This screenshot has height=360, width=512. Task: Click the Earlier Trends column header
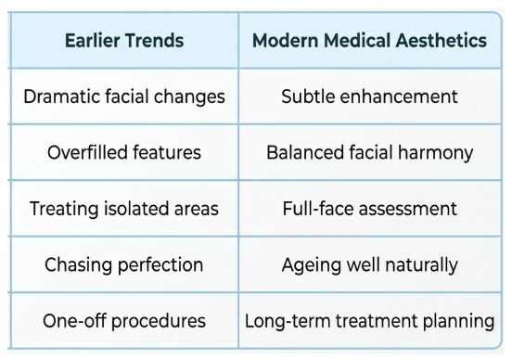[x=124, y=41]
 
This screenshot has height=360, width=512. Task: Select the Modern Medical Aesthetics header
[x=369, y=41]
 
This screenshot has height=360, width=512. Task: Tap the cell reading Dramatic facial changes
[x=124, y=96]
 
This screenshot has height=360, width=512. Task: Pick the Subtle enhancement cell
[x=369, y=96]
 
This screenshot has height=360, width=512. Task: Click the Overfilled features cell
[x=124, y=152]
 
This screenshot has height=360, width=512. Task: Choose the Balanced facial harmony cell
[x=369, y=153]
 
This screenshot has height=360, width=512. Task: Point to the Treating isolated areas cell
[x=124, y=209]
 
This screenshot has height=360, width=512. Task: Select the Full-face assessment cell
[x=369, y=209]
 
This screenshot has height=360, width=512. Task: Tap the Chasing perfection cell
[x=124, y=265]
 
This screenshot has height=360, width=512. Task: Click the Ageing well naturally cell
[x=369, y=265]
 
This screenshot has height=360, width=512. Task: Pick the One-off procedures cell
[x=124, y=321]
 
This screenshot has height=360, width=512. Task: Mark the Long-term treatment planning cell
[x=369, y=321]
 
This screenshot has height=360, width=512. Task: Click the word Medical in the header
[x=357, y=41]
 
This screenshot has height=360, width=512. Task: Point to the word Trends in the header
[x=154, y=41]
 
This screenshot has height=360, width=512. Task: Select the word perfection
[x=160, y=265]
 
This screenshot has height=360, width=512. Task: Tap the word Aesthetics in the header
[x=442, y=41]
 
